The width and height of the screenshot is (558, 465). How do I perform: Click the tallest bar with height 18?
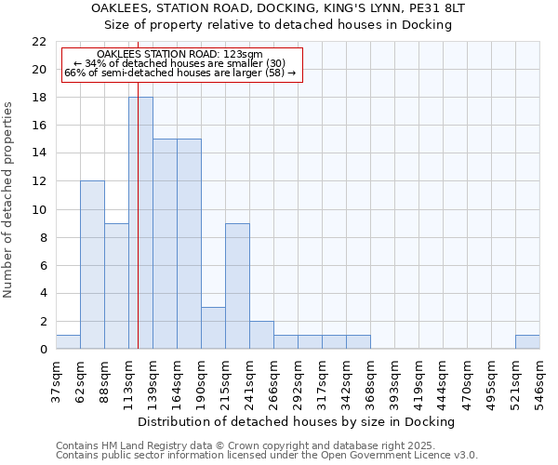(140, 223)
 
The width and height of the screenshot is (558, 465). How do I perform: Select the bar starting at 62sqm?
(92, 265)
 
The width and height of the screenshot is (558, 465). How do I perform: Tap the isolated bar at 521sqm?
(527, 342)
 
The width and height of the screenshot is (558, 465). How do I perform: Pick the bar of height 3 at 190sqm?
(213, 328)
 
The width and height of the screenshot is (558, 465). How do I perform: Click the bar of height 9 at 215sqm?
(237, 286)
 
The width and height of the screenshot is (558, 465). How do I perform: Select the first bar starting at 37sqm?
(68, 342)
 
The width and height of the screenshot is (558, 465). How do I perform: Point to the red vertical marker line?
(138, 232)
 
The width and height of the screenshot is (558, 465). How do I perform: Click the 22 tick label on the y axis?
(39, 42)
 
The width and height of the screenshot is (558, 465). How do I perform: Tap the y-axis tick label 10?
(39, 209)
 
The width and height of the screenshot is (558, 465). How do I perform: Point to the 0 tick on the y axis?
(43, 350)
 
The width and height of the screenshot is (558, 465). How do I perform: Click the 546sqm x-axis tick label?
(539, 381)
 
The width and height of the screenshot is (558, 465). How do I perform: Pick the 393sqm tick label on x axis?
(394, 381)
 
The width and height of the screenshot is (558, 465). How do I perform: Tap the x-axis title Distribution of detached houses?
(298, 421)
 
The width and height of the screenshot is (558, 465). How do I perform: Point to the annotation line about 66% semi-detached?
(179, 73)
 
